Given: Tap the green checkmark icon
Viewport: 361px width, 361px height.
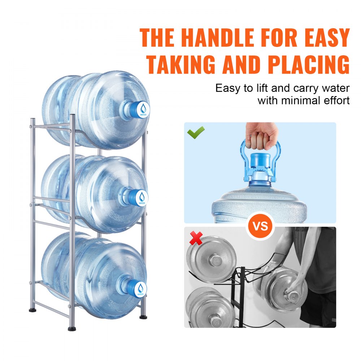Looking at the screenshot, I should coord(196,132).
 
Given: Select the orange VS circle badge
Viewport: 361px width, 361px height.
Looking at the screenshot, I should coord(260,226).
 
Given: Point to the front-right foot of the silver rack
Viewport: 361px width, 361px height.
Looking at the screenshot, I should coord(144,316).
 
